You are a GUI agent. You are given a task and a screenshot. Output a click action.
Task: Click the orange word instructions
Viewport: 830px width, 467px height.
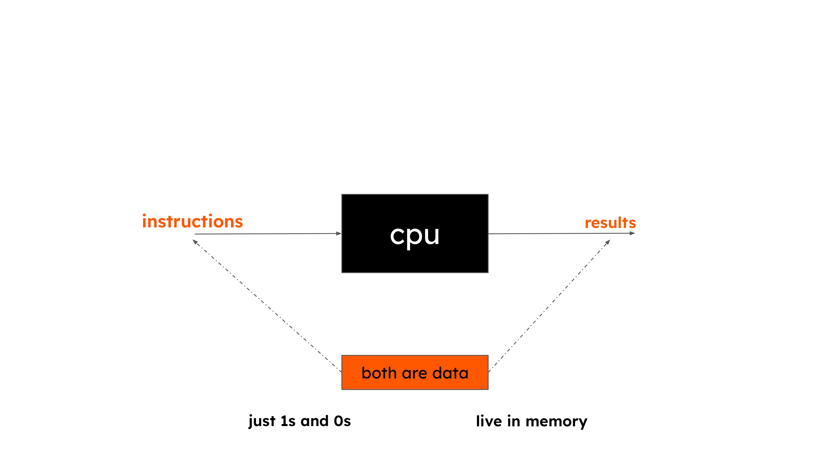coord(192,221)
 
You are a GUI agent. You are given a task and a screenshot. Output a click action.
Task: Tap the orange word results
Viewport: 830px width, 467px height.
coord(610,223)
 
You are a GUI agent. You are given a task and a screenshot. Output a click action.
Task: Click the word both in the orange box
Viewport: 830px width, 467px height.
coord(378,373)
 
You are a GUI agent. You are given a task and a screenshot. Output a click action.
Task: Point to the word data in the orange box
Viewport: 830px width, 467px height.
coord(450,373)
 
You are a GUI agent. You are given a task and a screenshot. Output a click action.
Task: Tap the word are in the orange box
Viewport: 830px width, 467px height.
coord(414,373)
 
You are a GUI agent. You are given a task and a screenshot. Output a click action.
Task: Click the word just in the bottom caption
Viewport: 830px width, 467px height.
coord(262,421)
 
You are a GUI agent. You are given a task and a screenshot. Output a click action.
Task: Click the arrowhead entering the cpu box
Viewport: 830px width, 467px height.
coord(339,233)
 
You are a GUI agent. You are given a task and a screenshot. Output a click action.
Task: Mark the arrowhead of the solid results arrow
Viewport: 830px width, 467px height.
coord(632,233)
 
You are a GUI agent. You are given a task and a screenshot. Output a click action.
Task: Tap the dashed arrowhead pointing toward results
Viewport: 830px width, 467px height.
coord(608,242)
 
